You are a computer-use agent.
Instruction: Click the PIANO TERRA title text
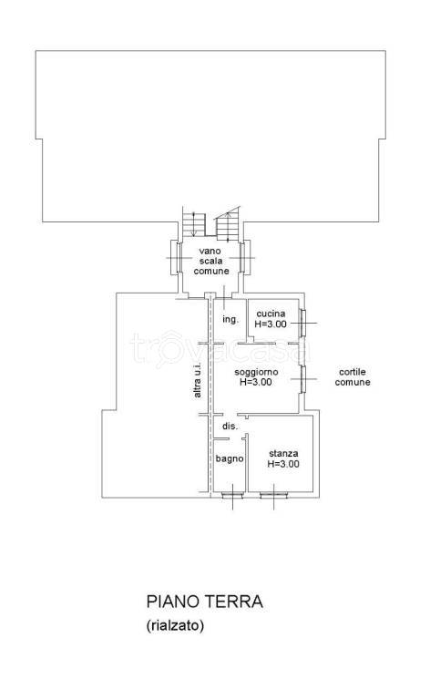point(204,602)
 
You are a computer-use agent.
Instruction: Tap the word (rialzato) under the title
point(175,626)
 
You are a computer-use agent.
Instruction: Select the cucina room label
point(271,314)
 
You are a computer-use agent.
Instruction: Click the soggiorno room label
point(256,372)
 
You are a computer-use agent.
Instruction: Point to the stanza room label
point(283,454)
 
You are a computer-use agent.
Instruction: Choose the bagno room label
point(230,458)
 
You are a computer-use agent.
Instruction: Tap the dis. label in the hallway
point(230,427)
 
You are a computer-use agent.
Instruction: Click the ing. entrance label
point(230,320)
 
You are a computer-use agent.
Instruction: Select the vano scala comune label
point(211,262)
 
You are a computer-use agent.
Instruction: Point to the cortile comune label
point(353,376)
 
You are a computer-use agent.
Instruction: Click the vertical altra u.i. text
point(198,380)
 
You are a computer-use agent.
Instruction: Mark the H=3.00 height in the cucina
point(271,324)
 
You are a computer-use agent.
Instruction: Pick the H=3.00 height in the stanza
point(283,464)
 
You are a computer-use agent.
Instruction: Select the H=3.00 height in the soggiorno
point(256,382)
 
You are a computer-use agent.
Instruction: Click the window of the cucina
point(302,323)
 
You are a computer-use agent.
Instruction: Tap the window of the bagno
point(232,495)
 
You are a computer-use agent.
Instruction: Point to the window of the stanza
point(273,495)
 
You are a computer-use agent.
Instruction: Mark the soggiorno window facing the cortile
point(302,379)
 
